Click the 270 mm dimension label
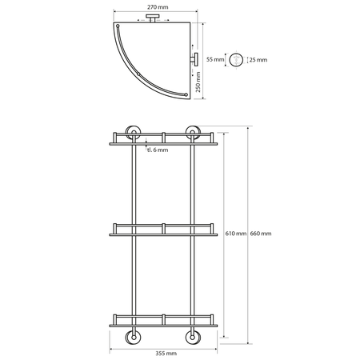(158, 7)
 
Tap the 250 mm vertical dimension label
(198, 82)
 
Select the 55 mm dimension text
(215, 59)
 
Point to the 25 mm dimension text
(258, 60)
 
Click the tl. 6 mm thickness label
(158, 150)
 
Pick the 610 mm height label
(236, 234)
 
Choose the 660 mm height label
(261, 234)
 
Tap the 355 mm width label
(166, 354)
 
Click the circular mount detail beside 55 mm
(236, 60)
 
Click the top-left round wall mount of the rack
(134, 133)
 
